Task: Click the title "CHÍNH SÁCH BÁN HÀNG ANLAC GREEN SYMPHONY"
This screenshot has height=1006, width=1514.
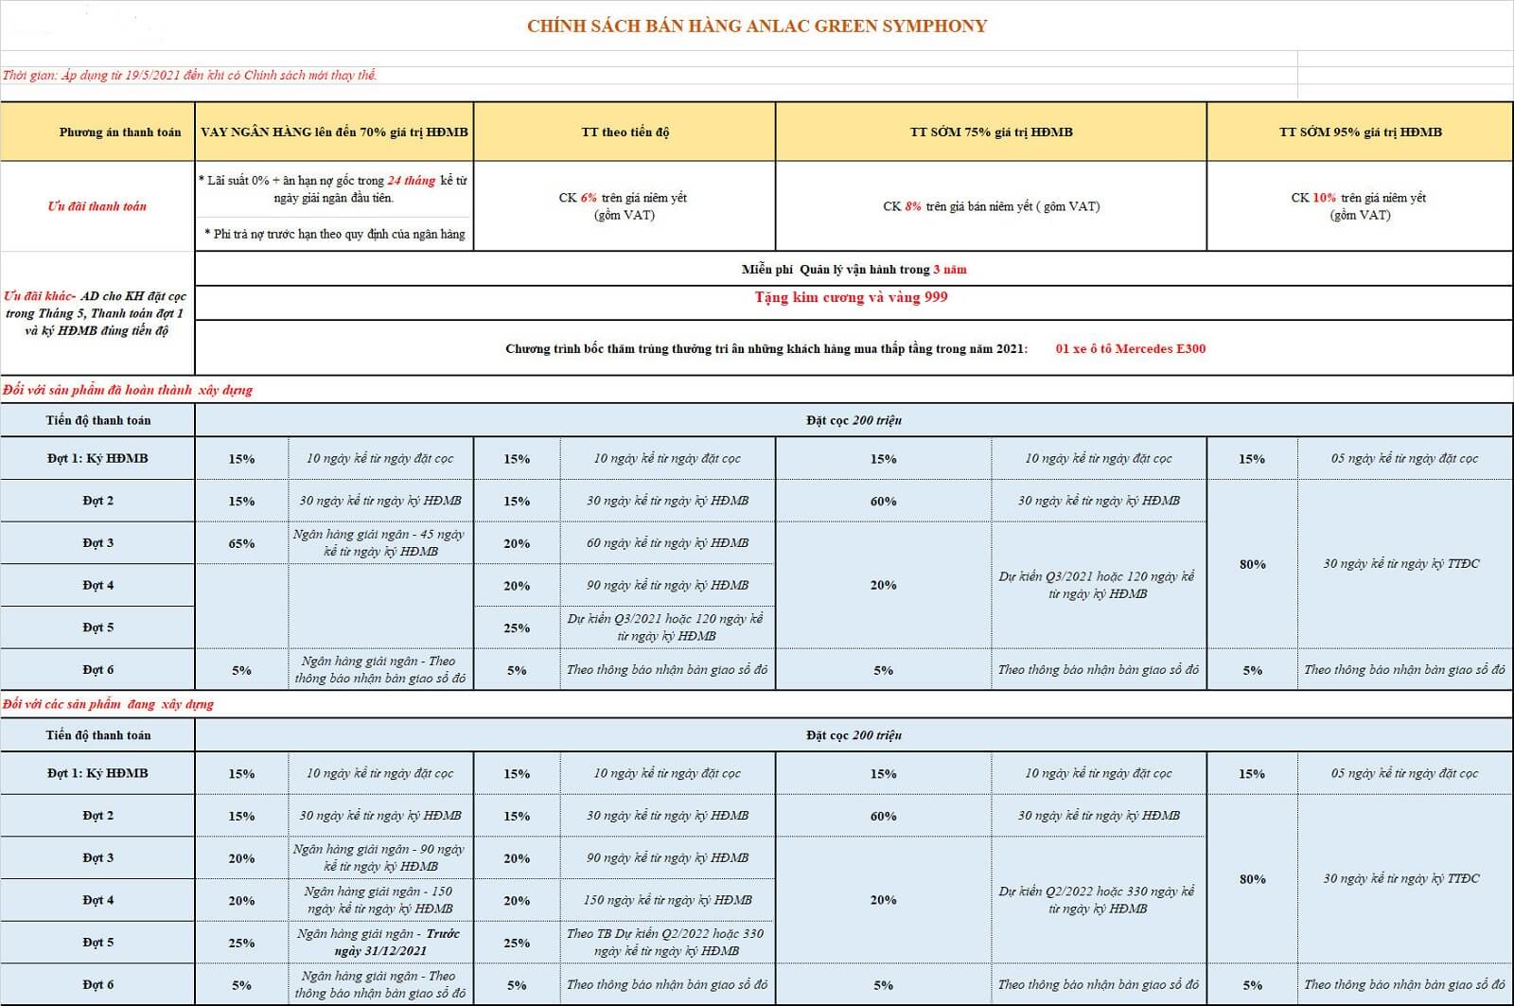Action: pyautogui.click(x=757, y=26)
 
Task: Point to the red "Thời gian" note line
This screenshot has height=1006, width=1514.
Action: pyautogui.click(x=189, y=76)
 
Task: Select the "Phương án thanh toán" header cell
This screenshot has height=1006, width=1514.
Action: pyautogui.click(x=119, y=132)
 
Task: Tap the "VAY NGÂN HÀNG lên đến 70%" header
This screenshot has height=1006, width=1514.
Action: pyautogui.click(x=334, y=132)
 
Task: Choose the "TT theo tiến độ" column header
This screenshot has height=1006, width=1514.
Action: pyautogui.click(x=625, y=132)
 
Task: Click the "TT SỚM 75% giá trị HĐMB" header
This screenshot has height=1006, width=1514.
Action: pyautogui.click(x=991, y=132)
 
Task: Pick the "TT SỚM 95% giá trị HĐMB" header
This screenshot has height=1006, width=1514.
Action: pyautogui.click(x=1360, y=132)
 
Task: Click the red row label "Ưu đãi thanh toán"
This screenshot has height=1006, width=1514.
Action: pyautogui.click(x=97, y=206)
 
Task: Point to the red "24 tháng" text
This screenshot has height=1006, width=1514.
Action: pyautogui.click(x=412, y=181)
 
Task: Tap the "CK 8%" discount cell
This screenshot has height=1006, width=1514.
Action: pyautogui.click(x=991, y=206)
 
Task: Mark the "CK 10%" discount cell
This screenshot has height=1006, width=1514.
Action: pyautogui.click(x=1359, y=206)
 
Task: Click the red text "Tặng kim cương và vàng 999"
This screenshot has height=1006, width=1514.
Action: pyautogui.click(x=851, y=297)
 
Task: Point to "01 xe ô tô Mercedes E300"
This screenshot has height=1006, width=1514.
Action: pyautogui.click(x=1131, y=349)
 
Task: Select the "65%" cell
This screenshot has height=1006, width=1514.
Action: pyautogui.click(x=241, y=543)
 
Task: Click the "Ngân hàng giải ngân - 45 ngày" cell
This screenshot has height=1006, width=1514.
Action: pyautogui.click(x=379, y=543)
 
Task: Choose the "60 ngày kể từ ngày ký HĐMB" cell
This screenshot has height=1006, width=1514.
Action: pyautogui.click(x=667, y=543)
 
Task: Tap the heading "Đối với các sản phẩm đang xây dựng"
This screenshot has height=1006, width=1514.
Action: pyautogui.click(x=109, y=704)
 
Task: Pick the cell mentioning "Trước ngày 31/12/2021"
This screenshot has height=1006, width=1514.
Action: pyautogui.click(x=379, y=942)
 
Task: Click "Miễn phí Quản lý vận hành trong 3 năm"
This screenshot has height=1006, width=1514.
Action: pyautogui.click(x=854, y=270)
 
